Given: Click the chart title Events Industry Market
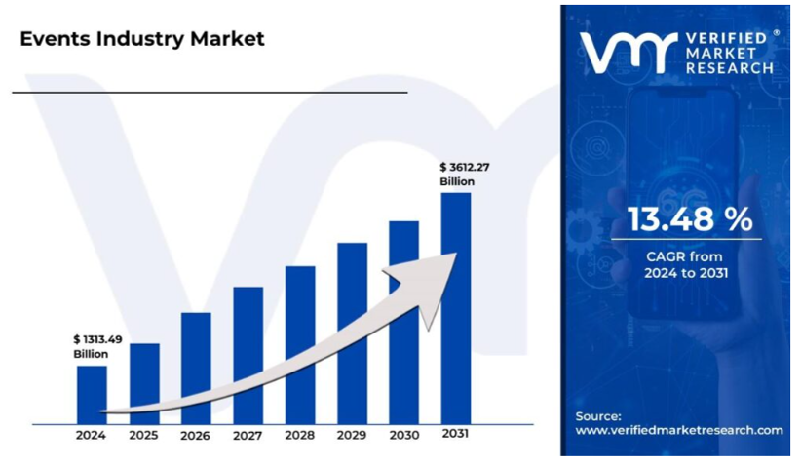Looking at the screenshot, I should [142, 39].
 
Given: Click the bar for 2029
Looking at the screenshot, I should [352, 332].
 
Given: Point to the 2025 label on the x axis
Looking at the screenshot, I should [143, 435].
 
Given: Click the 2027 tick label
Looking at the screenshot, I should [248, 435].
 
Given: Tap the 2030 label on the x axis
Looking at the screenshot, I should [403, 435].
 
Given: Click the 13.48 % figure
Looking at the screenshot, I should [689, 219].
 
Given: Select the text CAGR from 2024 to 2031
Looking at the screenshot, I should [689, 264].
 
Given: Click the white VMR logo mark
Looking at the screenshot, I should [628, 53].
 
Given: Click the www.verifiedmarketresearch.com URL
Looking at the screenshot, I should [679, 430].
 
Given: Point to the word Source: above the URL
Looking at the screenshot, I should [598, 415].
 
